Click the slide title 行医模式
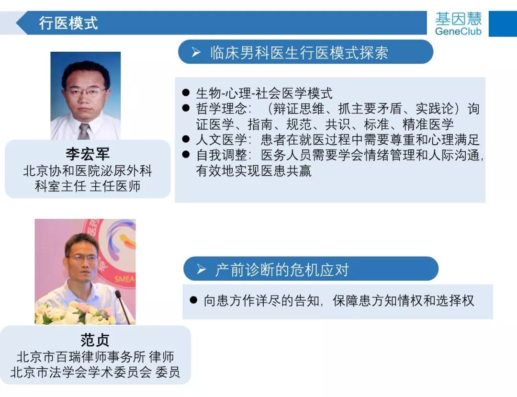(68, 23)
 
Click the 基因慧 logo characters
(458, 18)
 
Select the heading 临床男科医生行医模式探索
(299, 53)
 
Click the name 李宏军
(88, 154)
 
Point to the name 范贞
(95, 340)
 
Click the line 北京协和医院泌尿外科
(88, 170)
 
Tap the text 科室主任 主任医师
(88, 186)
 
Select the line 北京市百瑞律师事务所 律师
(95, 357)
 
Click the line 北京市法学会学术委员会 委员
(95, 372)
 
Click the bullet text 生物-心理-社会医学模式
(264, 93)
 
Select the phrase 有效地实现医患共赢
(254, 171)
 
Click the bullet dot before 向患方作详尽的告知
(193, 300)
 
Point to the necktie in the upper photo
(84, 131)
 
